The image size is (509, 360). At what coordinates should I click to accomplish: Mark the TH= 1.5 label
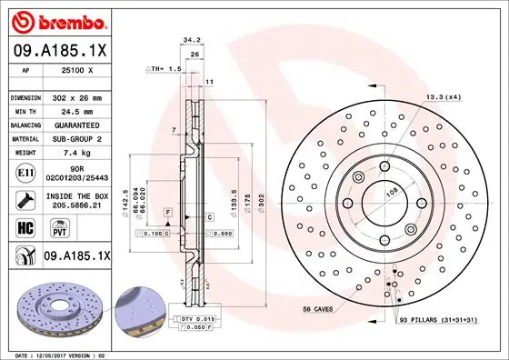tap(165, 68)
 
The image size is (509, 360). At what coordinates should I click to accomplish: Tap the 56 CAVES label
tap(320, 310)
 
